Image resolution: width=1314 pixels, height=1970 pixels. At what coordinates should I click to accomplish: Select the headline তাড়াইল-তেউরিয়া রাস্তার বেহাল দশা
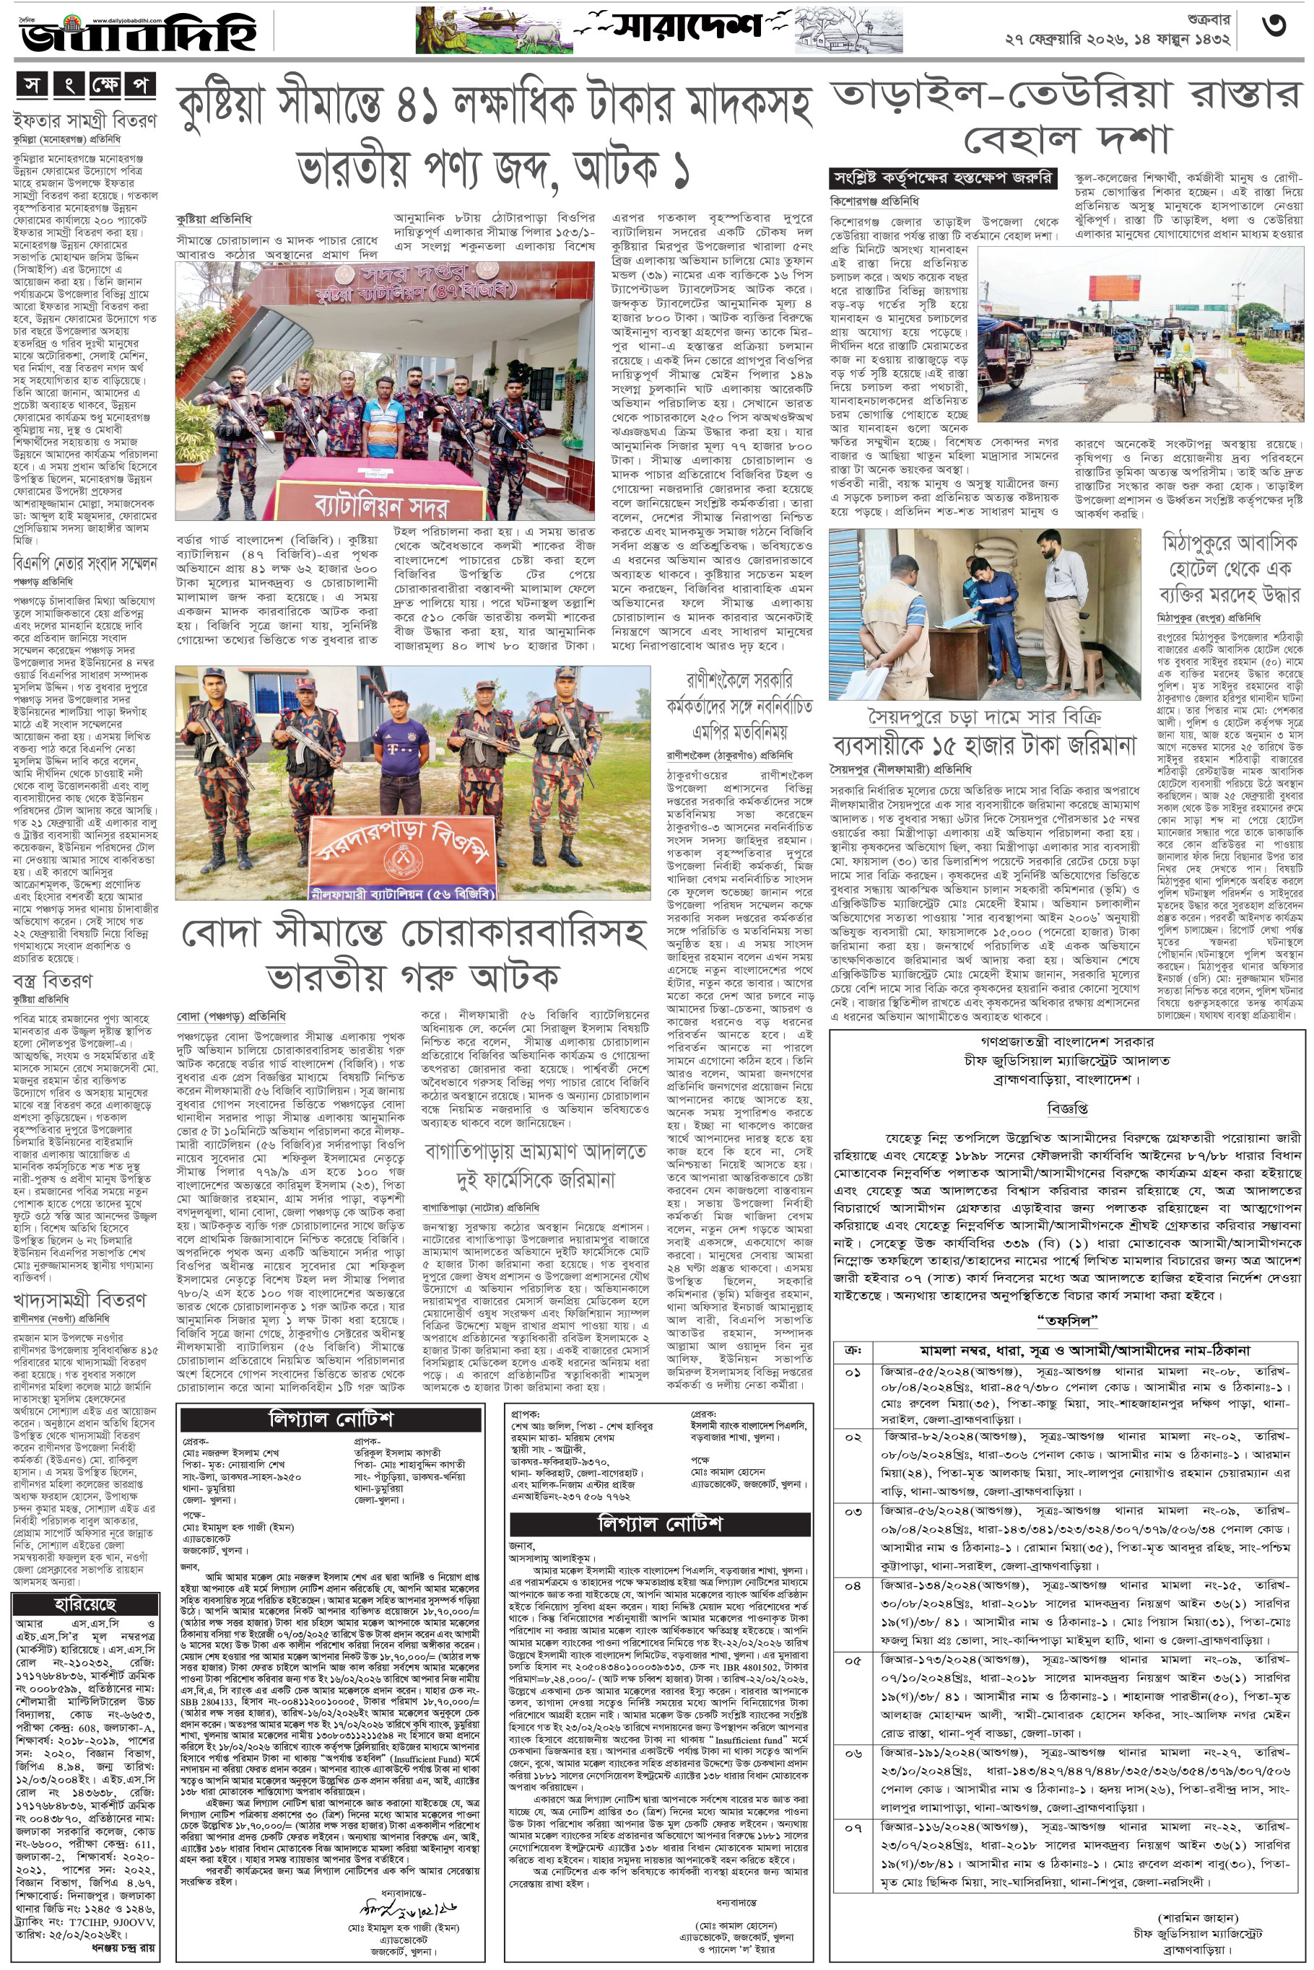pos(1064,117)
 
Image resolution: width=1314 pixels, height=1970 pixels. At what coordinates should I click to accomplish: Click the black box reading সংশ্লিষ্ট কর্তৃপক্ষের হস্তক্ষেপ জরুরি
pos(943,178)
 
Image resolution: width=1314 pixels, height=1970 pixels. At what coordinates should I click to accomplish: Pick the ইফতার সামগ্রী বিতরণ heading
pos(84,121)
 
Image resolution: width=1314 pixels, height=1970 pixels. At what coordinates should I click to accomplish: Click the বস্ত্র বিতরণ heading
pos(52,980)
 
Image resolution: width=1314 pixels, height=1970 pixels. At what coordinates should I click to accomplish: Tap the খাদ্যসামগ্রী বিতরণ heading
pos(79,1299)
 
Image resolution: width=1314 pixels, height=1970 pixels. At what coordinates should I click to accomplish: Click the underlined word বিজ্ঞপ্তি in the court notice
pos(1068,1108)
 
